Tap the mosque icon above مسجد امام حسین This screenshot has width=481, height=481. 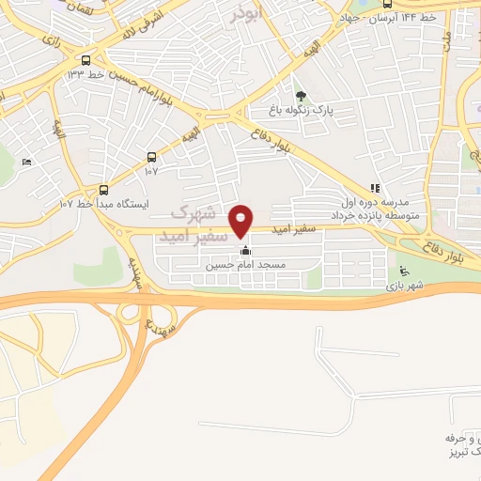point(246,251)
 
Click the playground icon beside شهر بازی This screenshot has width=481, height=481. point(404,272)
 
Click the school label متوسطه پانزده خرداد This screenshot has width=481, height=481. point(377,215)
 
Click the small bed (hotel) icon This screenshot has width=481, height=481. point(26,163)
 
